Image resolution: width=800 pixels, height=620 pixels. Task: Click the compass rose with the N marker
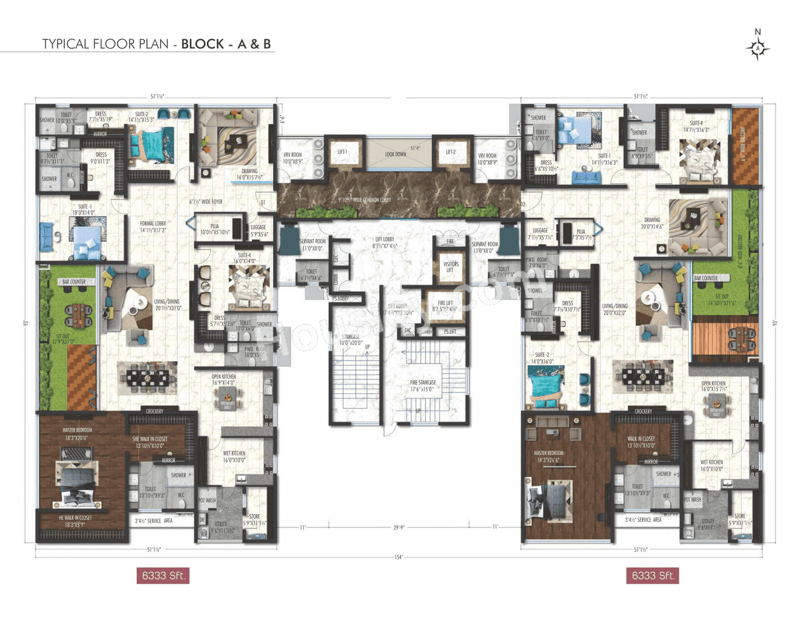(757, 47)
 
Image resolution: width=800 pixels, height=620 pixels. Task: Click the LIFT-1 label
(342, 152)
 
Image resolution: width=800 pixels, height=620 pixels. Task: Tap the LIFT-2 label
(451, 152)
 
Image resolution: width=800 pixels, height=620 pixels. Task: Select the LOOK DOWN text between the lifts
(396, 154)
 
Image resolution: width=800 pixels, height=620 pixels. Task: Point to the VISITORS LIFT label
(451, 267)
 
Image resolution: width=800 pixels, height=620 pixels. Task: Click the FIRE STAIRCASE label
(423, 386)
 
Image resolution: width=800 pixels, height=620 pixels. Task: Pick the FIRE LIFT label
(445, 306)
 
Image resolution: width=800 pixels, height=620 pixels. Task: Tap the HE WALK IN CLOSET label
(75, 521)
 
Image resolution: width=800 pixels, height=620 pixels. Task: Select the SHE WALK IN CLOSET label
(148, 442)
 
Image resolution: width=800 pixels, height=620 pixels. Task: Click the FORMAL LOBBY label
(152, 226)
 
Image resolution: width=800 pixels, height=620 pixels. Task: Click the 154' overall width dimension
(399, 557)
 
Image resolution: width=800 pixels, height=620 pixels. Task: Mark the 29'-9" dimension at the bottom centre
(399, 527)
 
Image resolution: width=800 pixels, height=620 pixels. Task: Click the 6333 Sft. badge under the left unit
(162, 576)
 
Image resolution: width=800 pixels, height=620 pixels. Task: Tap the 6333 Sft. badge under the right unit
(652, 576)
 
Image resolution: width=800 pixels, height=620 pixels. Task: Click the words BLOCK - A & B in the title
(226, 44)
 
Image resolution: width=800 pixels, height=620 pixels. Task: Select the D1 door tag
(263, 202)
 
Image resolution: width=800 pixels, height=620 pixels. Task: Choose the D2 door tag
(523, 204)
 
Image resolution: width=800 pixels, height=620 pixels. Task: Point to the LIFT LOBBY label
(384, 242)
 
